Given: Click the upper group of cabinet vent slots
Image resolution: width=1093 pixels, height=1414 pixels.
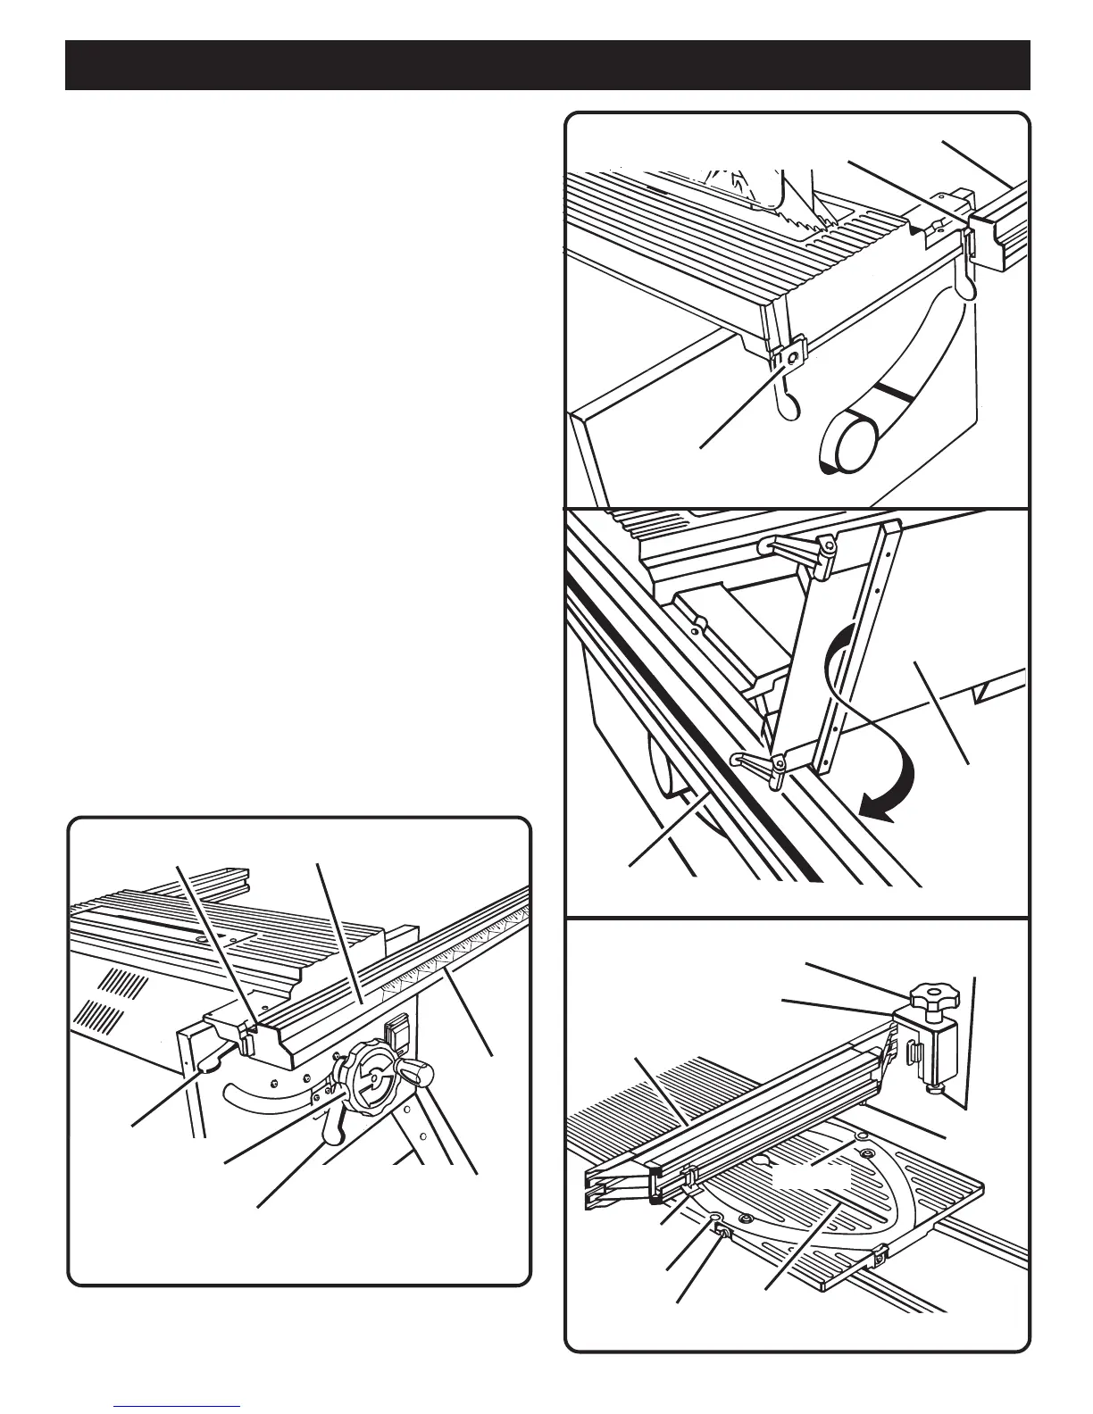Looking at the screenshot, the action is pos(121,988).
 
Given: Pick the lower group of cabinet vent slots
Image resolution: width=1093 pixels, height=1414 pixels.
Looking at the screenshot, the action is pos(98,1015).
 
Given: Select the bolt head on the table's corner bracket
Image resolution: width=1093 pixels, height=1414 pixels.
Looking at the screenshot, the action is pos(789,355).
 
